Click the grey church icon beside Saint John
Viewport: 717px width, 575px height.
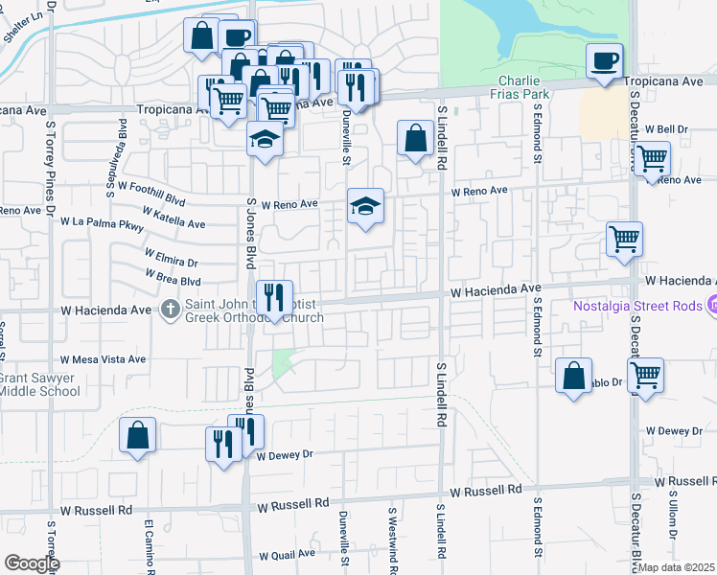point(171,309)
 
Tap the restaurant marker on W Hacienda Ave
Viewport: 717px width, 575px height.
point(274,298)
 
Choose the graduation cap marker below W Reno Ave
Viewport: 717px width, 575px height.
point(364,206)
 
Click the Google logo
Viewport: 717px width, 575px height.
point(32,563)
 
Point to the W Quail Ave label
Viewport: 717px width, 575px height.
point(288,556)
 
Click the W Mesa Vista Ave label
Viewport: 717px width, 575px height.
point(104,359)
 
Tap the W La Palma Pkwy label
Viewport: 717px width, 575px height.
point(102,223)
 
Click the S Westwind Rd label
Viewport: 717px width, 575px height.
point(392,534)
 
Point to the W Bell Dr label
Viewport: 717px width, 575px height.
point(667,129)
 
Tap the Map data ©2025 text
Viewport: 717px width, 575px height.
point(677,567)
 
